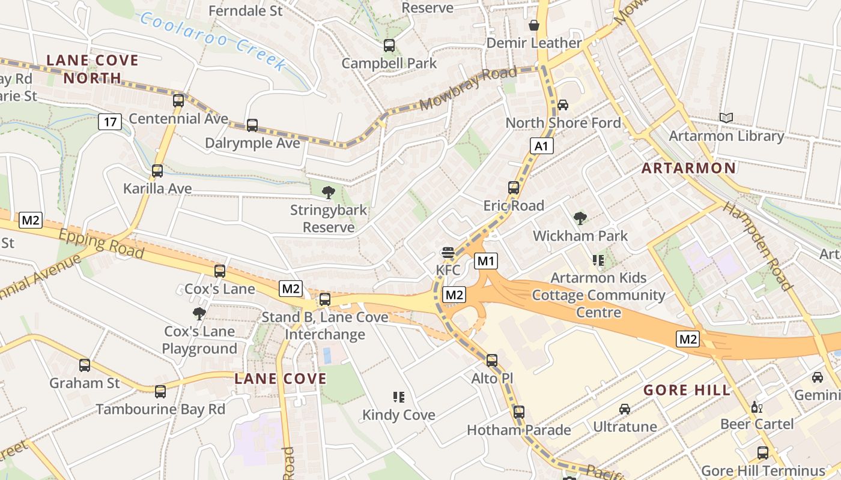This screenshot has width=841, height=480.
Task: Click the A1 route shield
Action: click(x=541, y=146)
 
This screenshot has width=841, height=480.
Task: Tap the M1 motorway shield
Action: click(x=486, y=261)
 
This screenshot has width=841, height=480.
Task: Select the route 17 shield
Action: click(x=110, y=122)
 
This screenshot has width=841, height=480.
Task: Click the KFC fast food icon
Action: click(x=448, y=253)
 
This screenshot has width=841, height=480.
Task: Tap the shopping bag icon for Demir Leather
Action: click(x=533, y=25)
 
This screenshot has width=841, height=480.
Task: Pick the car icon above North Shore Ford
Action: click(x=563, y=105)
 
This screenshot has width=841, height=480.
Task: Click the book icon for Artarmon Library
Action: click(x=726, y=118)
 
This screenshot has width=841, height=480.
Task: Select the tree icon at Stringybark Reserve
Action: click(x=328, y=193)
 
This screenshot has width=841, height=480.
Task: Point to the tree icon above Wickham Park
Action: click(x=580, y=218)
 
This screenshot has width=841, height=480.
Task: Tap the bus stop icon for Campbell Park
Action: click(x=389, y=45)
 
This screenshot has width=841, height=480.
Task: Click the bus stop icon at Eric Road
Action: click(x=514, y=188)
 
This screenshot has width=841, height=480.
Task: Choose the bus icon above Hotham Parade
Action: click(x=519, y=412)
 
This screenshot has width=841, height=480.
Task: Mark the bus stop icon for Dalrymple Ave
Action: click(x=252, y=125)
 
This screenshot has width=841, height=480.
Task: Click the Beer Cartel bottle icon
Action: click(x=757, y=407)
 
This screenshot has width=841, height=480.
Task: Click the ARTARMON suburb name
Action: click(x=688, y=168)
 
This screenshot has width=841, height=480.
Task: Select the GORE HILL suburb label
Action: click(x=687, y=391)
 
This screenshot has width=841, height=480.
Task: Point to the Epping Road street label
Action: click(x=102, y=244)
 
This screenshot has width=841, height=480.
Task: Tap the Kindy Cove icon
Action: click(x=399, y=397)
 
